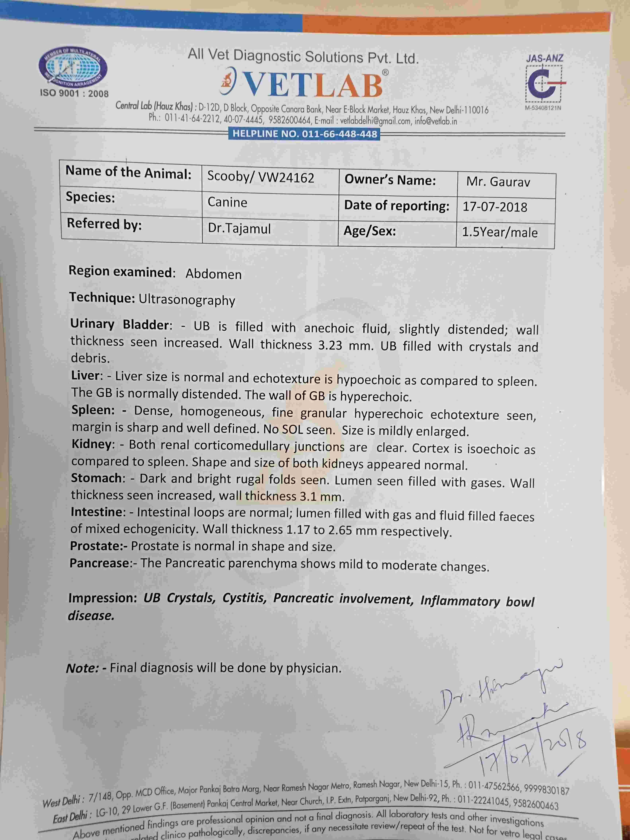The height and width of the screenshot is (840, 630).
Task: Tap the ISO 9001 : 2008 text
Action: pos(74,93)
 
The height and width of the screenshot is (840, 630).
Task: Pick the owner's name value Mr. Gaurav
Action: pos(498,182)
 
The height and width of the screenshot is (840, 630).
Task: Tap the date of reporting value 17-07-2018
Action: pos(495,207)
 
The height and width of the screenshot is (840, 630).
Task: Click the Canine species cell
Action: pos(227,202)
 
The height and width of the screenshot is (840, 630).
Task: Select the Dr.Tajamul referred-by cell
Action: pos(239,228)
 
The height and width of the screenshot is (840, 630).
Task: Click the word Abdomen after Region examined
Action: pos(213,274)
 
